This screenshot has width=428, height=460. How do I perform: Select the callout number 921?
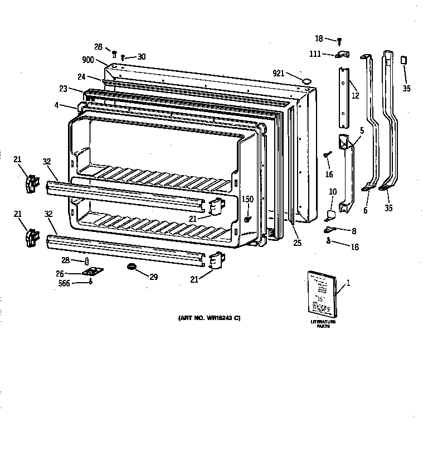tap(279, 74)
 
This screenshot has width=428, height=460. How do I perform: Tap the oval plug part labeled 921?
tap(306, 81)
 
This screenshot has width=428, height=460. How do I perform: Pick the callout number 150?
tap(247, 199)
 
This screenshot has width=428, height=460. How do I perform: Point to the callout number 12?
tap(355, 95)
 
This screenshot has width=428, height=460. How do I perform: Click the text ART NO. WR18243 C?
tap(209, 318)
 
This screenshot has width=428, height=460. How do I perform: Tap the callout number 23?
tap(62, 88)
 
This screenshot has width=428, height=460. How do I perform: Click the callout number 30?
tap(141, 56)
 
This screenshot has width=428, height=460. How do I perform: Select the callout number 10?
tap(333, 192)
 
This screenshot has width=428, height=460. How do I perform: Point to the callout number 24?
tap(81, 77)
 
